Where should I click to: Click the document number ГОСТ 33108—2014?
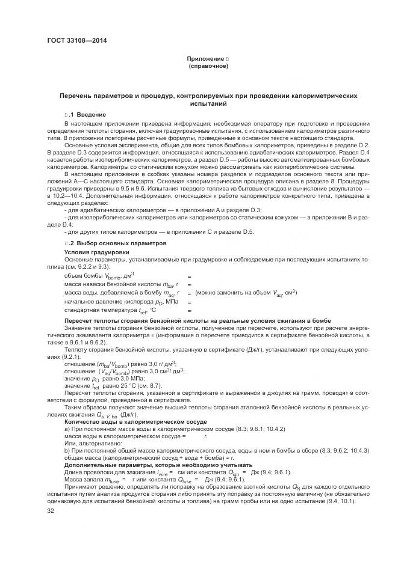[73, 40]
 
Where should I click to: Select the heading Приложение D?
[208, 58]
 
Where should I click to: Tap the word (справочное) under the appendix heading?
[208, 66]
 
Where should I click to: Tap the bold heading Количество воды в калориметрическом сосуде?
[135, 422]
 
